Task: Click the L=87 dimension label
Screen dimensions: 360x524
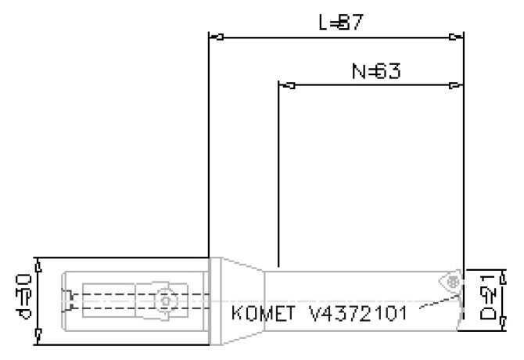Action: pyautogui.click(x=339, y=23)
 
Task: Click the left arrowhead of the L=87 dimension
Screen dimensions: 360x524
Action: pyautogui.click(x=219, y=37)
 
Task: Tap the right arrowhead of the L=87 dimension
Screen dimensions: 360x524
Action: pyautogui.click(x=454, y=37)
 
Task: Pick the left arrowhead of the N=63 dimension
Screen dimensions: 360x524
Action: pyautogui.click(x=289, y=85)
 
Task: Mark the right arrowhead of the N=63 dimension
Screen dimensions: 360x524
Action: pyautogui.click(x=454, y=85)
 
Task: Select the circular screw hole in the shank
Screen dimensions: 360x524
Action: pyautogui.click(x=163, y=299)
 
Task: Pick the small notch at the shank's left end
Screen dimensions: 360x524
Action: pyautogui.click(x=68, y=297)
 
